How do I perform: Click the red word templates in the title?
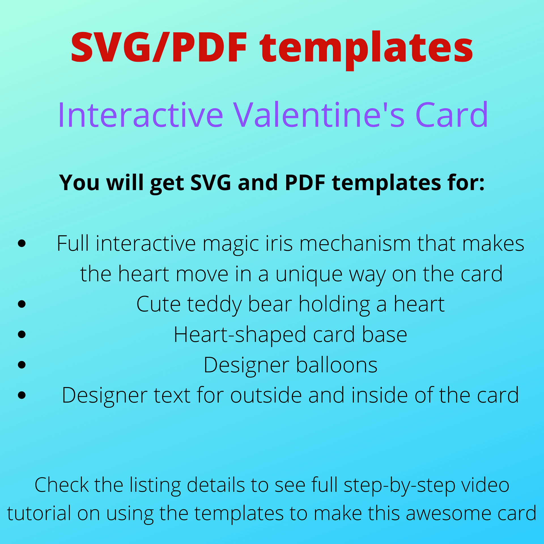click(366, 48)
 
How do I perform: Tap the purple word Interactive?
click(141, 115)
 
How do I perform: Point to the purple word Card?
click(452, 115)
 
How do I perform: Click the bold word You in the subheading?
click(79, 183)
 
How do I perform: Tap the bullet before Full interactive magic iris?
click(22, 243)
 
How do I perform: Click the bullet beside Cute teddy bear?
click(22, 304)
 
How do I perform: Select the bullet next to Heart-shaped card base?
click(22, 334)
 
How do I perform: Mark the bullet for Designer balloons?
click(22, 365)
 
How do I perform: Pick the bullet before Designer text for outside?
click(22, 395)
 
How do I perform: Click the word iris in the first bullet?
click(279, 243)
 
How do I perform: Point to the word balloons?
click(337, 365)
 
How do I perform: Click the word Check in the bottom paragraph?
click(61, 485)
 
